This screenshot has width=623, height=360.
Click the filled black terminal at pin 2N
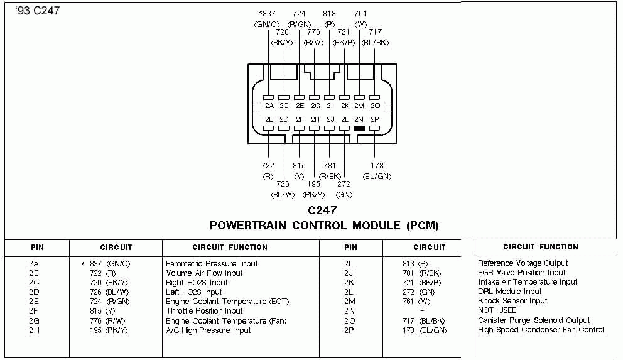pos(359,128)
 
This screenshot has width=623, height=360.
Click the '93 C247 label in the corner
pos(35,11)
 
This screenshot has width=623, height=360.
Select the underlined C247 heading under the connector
pos(322,210)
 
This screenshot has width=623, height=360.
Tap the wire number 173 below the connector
pos(377,166)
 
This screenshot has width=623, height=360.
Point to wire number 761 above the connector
pos(360,13)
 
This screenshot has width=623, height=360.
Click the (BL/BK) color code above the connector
pos(376,43)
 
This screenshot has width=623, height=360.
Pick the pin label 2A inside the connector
pos(269,106)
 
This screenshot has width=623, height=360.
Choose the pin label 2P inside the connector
pos(375,119)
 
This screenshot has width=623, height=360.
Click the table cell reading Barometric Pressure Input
pos(212,264)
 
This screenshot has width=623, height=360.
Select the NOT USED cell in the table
pos(498,310)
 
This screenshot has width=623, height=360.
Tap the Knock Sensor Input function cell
pos(512,301)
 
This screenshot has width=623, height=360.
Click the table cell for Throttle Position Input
pos(204,311)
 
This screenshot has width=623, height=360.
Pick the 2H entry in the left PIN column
pos(34,330)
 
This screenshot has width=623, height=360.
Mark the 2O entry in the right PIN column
pos(349,321)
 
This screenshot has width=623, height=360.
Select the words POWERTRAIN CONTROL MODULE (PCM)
pos(324,226)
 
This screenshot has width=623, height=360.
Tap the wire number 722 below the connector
pos(268,166)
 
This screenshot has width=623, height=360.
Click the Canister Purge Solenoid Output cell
pos(534,320)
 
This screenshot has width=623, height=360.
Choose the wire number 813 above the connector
pos(329,13)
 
